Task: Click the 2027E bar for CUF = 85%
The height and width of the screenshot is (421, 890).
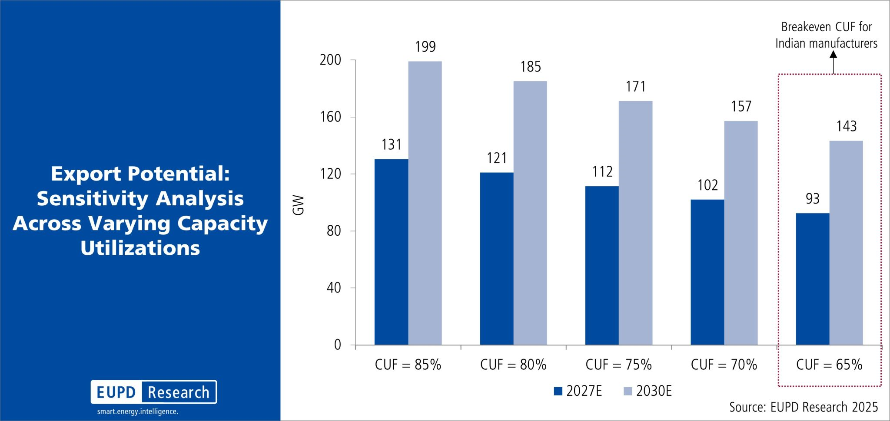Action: pos(391,252)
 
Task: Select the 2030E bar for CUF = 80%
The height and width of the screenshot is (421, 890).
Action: pos(530,213)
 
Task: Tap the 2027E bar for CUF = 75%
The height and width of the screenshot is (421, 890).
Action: pos(602,265)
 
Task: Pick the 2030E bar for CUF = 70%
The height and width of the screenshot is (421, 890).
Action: pos(741,233)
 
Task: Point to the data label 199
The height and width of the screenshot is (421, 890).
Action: pos(425,47)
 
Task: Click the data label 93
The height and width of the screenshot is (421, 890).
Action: pos(813,199)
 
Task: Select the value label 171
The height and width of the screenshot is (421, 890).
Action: pos(636,87)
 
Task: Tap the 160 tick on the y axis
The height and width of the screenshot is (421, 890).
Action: pos(331,117)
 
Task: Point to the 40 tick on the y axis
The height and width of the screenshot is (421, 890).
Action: pos(334,288)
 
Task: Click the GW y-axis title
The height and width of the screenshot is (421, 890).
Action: pos(299,205)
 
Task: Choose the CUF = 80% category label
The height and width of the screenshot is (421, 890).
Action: pos(513,365)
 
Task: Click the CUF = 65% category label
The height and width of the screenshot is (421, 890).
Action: pos(829,365)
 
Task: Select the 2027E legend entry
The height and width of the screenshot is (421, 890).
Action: pos(578,391)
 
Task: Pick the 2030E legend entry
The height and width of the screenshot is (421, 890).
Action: pos(648,391)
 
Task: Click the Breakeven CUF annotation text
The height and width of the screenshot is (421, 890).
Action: pos(827,35)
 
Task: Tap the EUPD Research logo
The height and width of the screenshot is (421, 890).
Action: pos(154,392)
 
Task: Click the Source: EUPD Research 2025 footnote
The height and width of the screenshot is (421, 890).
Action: pos(804,407)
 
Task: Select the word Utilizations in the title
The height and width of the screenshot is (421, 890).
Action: pos(140,248)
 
